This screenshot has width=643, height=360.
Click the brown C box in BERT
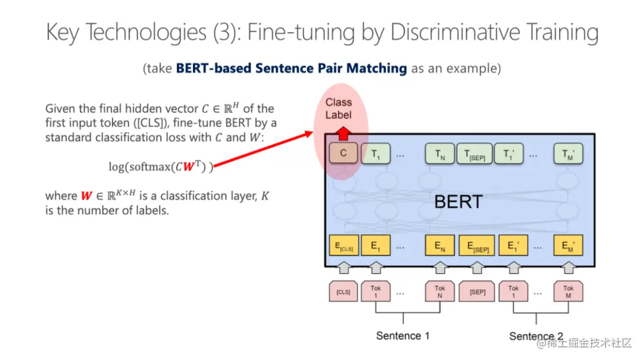pyautogui.click(x=343, y=154)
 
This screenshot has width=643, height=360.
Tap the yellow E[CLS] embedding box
pyautogui.click(x=343, y=246)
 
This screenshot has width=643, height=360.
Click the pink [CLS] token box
pyautogui.click(x=343, y=292)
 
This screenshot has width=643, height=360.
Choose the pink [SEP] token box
pyautogui.click(x=477, y=292)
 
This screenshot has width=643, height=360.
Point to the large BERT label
pyautogui.click(x=458, y=202)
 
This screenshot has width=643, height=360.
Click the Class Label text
pyautogui.click(x=338, y=109)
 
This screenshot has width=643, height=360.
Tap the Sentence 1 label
pyautogui.click(x=402, y=336)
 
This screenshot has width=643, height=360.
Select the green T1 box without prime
pyautogui.click(x=376, y=154)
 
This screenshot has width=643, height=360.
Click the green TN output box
pyautogui.click(x=440, y=154)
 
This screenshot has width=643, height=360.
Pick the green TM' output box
pyautogui.click(x=568, y=154)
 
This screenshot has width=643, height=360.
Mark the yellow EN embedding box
pyautogui.click(x=440, y=246)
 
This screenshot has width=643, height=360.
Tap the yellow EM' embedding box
pyautogui.click(x=568, y=246)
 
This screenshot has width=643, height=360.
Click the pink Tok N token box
pyautogui.click(x=440, y=292)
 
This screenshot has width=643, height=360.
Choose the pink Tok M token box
pyautogui.click(x=568, y=292)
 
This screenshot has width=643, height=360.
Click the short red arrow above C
pyautogui.click(x=343, y=133)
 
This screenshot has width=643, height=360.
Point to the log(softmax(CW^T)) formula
pyautogui.click(x=160, y=167)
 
